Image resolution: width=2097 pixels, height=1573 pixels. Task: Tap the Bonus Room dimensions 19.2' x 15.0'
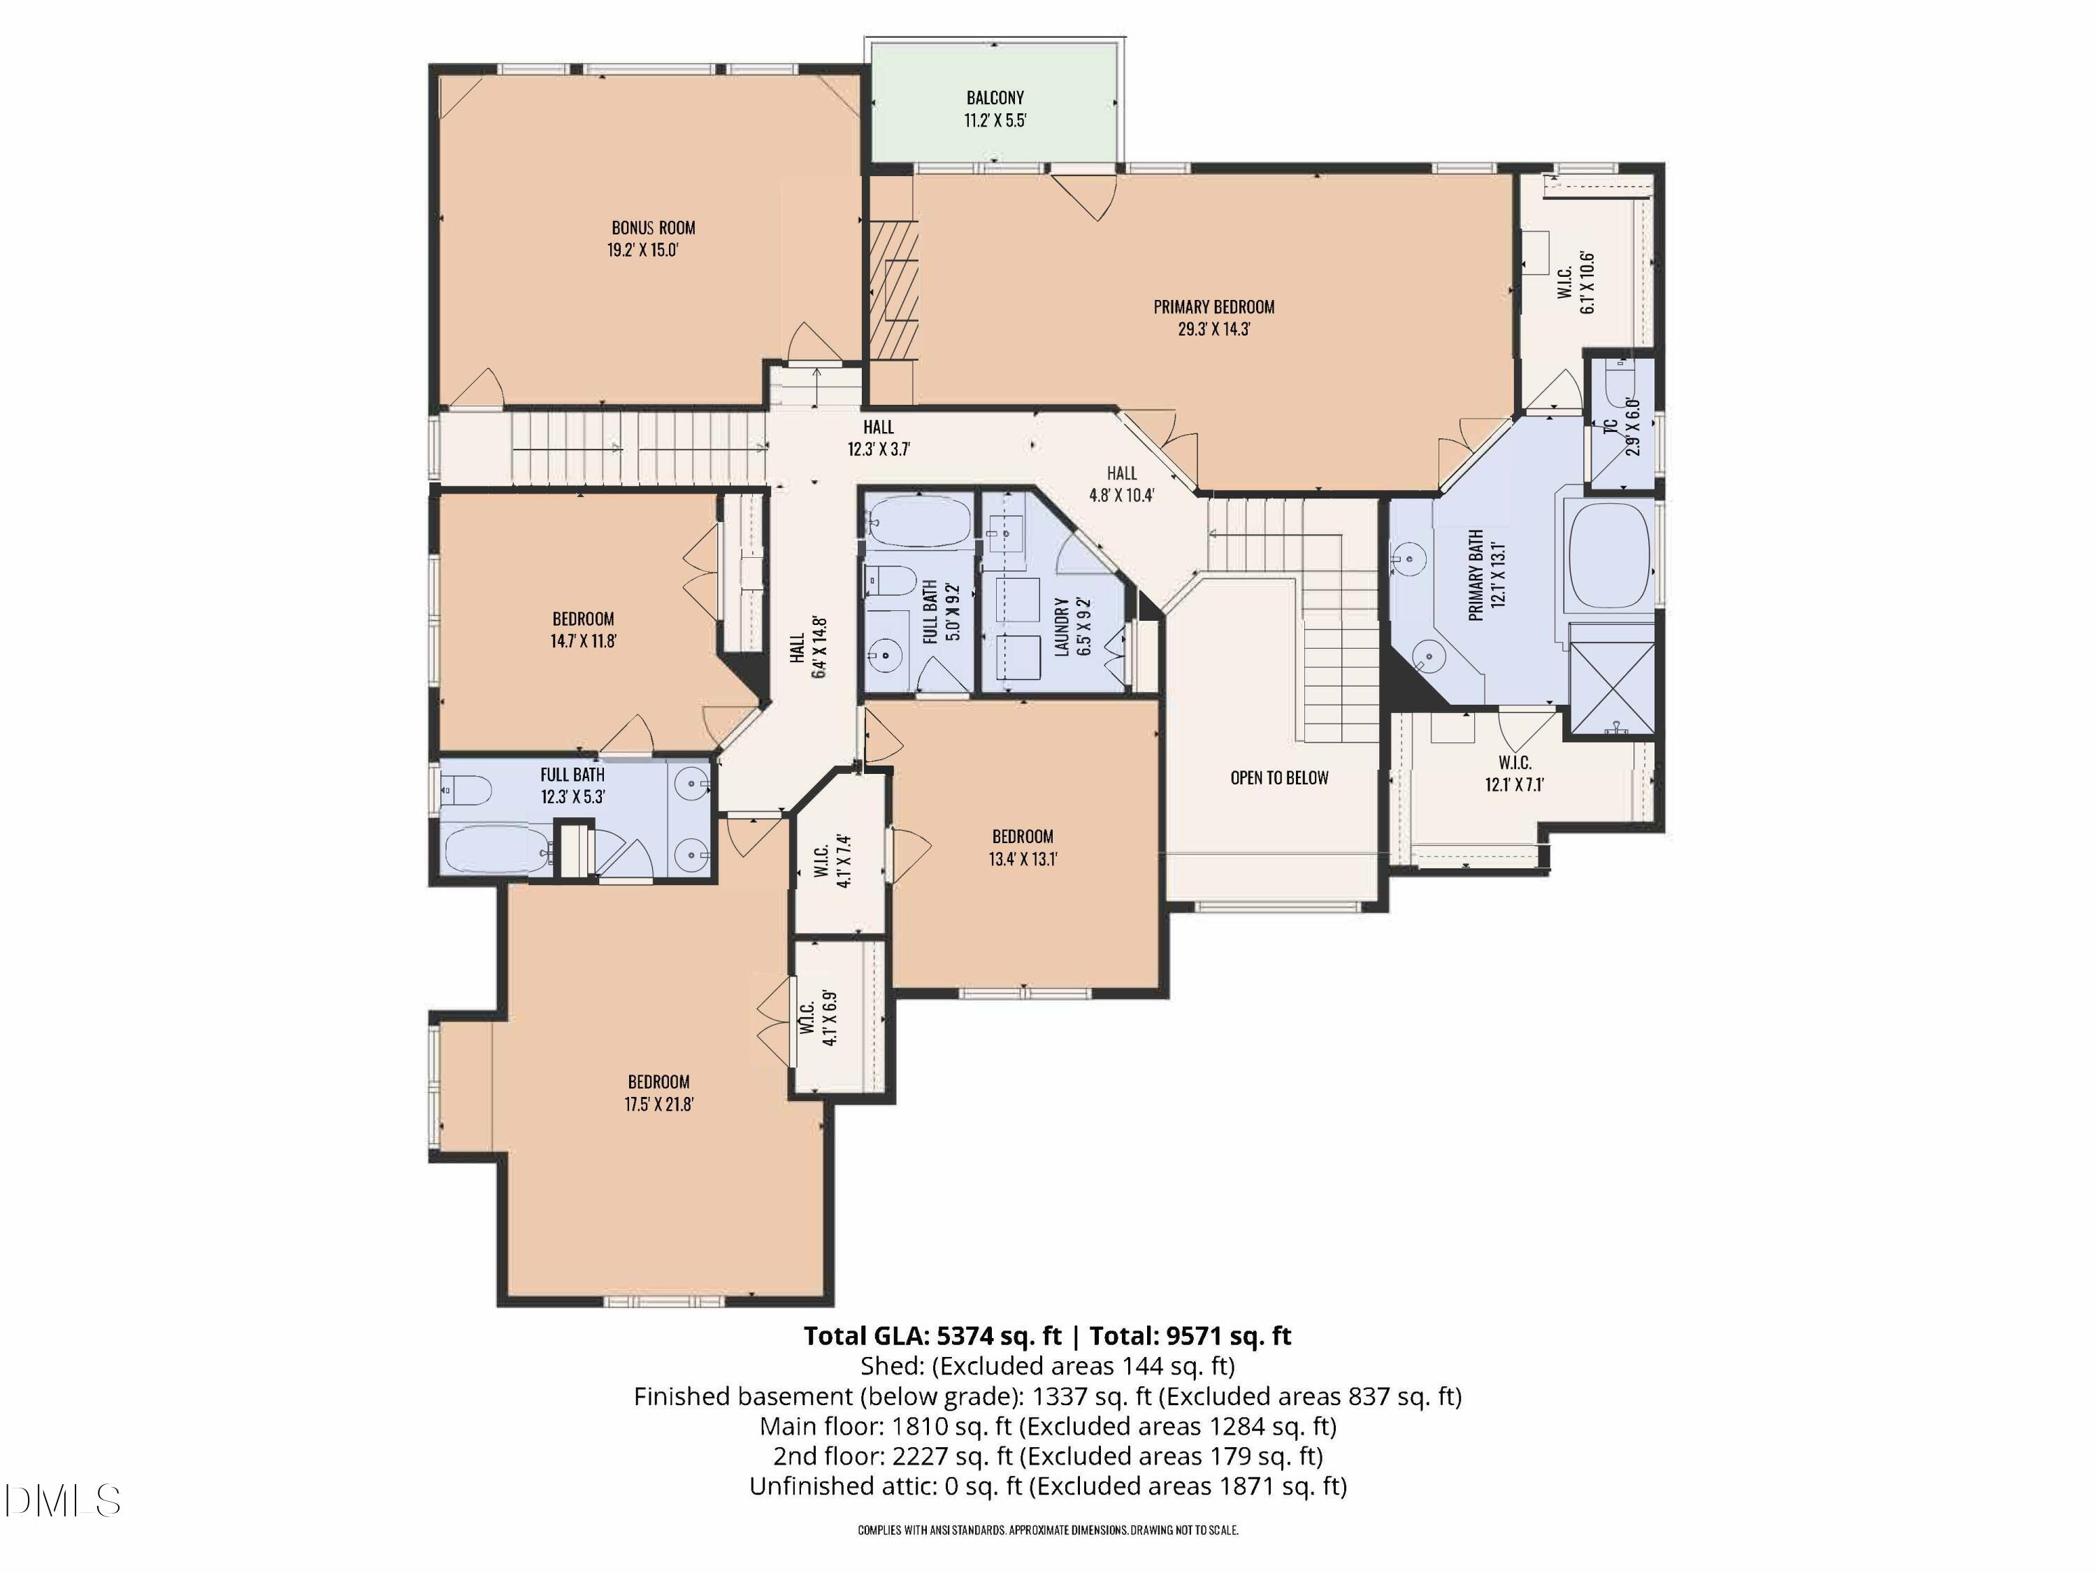click(643, 251)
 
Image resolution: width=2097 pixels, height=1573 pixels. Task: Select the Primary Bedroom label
click(1213, 307)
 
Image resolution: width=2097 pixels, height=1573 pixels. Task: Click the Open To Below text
click(1279, 777)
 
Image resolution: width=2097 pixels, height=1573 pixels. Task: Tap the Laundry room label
click(1062, 626)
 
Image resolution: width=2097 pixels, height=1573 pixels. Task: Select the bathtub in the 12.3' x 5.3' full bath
click(496, 849)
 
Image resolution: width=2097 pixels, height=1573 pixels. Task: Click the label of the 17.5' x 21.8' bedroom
click(658, 1082)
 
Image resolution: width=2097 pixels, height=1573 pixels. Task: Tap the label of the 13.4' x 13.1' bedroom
click(1022, 836)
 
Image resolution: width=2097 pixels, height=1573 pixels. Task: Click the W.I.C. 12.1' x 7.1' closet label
click(1514, 762)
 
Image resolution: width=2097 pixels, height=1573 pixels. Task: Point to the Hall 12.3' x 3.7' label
click(878, 428)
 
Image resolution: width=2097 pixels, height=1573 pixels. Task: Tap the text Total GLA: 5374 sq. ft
click(932, 1336)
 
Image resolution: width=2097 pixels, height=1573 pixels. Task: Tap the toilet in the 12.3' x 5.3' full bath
click(466, 789)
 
